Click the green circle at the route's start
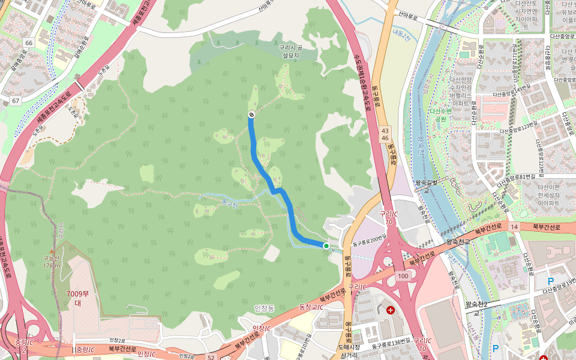pyautogui.click(x=326, y=245)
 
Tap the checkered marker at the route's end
pyautogui.click(x=251, y=115)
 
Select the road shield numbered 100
pyautogui.click(x=403, y=276)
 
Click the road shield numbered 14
pyautogui.click(x=514, y=227)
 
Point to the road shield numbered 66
pyautogui.click(x=29, y=43)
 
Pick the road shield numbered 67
pyautogui.click(x=16, y=100)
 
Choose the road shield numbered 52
pyautogui.click(x=211, y=358)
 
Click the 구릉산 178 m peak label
pyautogui.click(x=52, y=262)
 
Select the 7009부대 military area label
pyautogui.click(x=78, y=298)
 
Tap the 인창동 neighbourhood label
pyautogui.click(x=264, y=308)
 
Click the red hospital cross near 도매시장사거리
pyautogui.click(x=391, y=310)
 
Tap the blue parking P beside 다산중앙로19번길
pyautogui.click(x=551, y=281)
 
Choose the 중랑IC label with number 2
pyautogui.click(x=24, y=346)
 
